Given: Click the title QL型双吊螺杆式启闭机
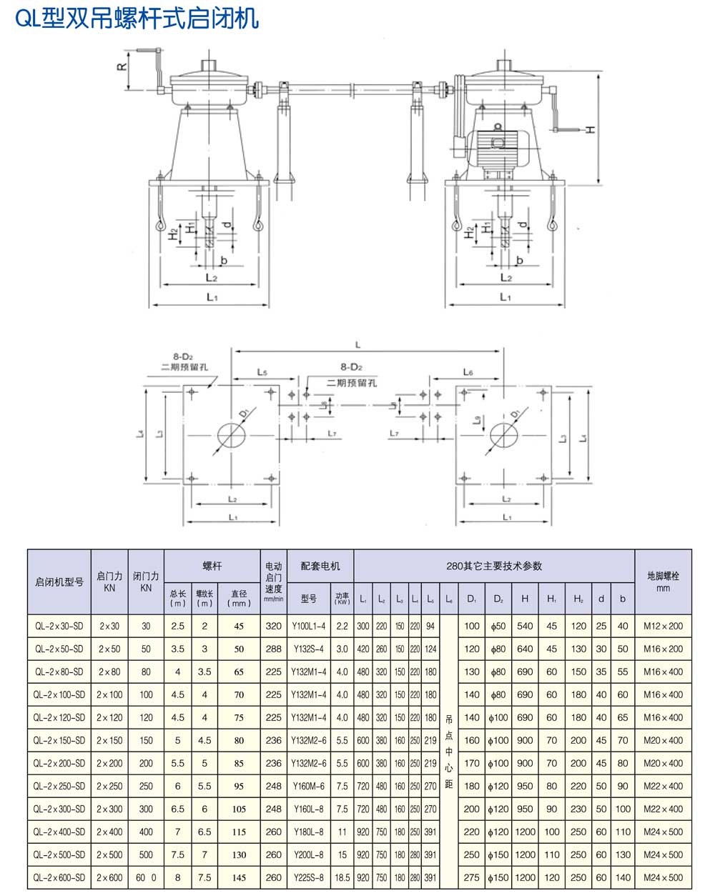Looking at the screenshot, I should click(137, 18).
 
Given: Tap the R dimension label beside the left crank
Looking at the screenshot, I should click(122, 66).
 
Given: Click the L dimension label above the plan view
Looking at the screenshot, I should click(358, 345).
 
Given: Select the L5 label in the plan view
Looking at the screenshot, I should click(262, 373).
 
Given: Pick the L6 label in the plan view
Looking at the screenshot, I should click(468, 372).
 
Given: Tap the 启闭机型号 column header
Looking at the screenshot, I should click(59, 582).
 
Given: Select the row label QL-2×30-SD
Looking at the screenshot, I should click(59, 627).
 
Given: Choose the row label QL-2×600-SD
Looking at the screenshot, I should click(59, 877).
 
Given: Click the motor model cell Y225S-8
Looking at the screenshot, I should click(308, 877).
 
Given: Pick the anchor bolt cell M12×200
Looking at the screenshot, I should click(663, 627).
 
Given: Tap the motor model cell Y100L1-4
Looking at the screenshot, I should click(308, 627).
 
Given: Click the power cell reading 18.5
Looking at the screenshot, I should click(342, 877).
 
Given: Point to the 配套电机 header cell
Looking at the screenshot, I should click(320, 566).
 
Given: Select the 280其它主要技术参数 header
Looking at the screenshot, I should click(494, 566).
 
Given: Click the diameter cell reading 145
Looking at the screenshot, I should click(239, 877).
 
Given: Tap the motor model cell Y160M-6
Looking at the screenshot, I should click(308, 787).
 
